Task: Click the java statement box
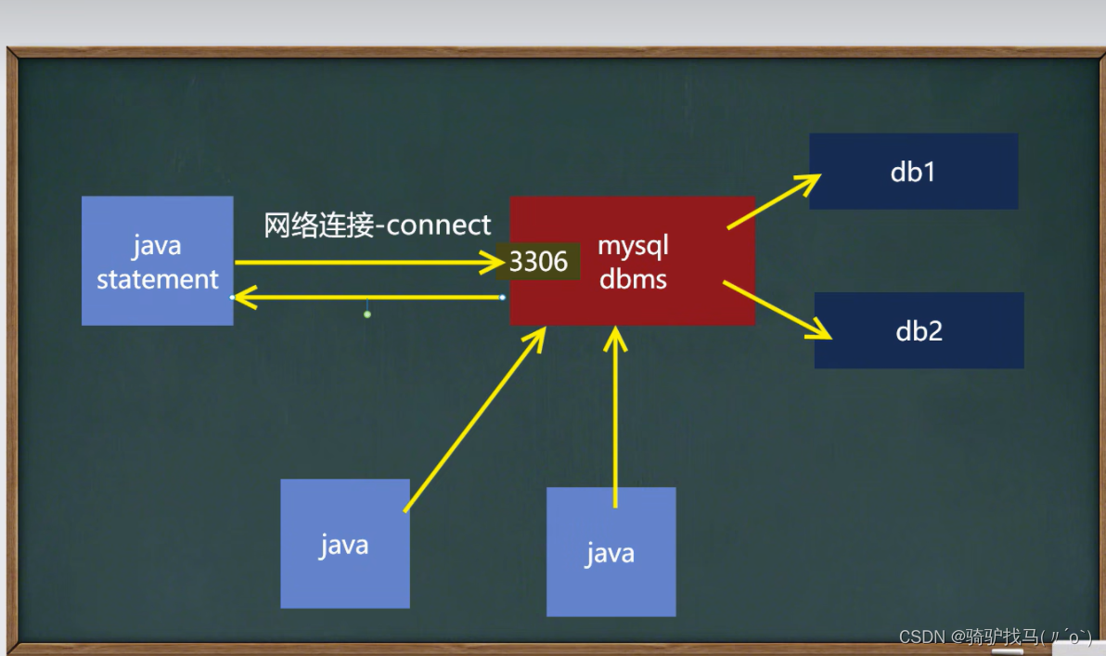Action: (157, 261)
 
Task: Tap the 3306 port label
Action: (539, 262)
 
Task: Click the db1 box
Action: (913, 172)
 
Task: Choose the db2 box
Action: (919, 331)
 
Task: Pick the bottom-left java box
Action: (344, 544)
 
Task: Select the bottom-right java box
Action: (611, 552)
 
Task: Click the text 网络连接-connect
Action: (378, 225)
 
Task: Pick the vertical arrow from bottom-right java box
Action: (615, 418)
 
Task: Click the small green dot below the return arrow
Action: (367, 315)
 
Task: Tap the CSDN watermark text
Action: (995, 637)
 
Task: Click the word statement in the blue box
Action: (158, 279)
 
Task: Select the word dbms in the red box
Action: (633, 279)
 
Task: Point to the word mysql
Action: (633, 247)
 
